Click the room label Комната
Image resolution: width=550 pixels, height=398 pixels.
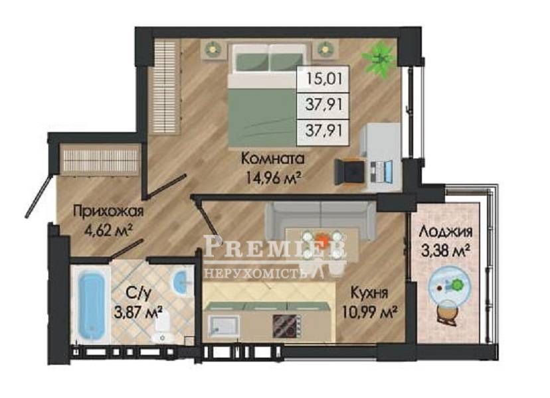pyautogui.click(x=272, y=159)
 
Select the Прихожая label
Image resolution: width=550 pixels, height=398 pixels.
pyautogui.click(x=108, y=211)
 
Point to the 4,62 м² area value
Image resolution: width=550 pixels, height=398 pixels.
pyautogui.click(x=108, y=231)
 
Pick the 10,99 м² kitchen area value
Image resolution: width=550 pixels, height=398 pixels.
pyautogui.click(x=370, y=312)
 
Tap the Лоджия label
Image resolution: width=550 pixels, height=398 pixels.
pyautogui.click(x=446, y=232)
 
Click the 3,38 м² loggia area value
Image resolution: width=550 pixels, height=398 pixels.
pyautogui.click(x=446, y=251)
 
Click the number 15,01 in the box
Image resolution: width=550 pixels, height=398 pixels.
pyautogui.click(x=323, y=79)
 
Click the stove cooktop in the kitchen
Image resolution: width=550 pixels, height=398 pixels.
pyautogui.click(x=287, y=325)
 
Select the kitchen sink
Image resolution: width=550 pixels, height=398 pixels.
pyautogui.click(x=223, y=326)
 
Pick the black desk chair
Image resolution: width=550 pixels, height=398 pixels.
pyautogui.click(x=348, y=171)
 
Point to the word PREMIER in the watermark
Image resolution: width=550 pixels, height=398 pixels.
pyautogui.click(x=275, y=247)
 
